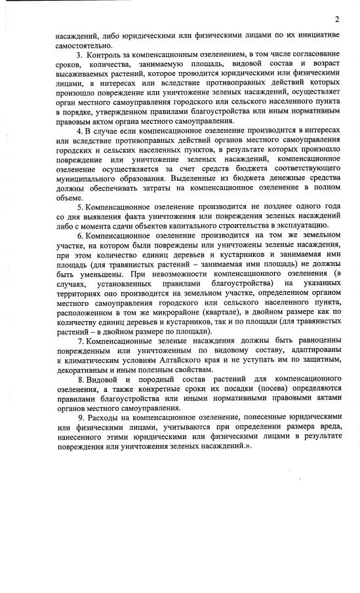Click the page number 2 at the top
click(336, 18)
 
